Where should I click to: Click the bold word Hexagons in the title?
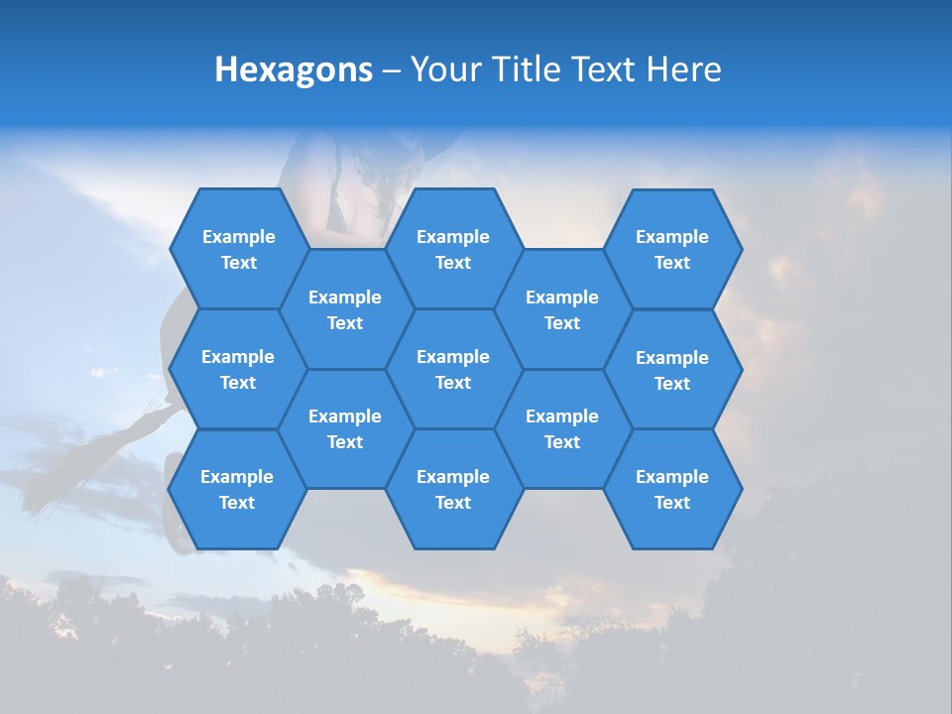(294, 69)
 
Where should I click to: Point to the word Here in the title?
(684, 69)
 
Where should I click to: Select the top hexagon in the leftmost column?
(238, 249)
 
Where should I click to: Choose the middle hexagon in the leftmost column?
(238, 369)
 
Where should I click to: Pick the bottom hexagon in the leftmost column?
(237, 489)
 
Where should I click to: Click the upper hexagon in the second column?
(345, 309)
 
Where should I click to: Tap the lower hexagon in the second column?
(345, 428)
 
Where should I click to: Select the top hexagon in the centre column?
(453, 249)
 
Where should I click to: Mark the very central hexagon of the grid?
(453, 369)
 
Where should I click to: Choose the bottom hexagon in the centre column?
(453, 489)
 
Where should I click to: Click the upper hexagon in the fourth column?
(562, 309)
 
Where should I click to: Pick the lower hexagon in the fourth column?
(562, 428)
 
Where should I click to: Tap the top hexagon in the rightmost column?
(672, 249)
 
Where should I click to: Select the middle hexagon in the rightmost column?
(672, 370)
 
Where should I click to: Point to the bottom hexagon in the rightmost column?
(672, 489)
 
